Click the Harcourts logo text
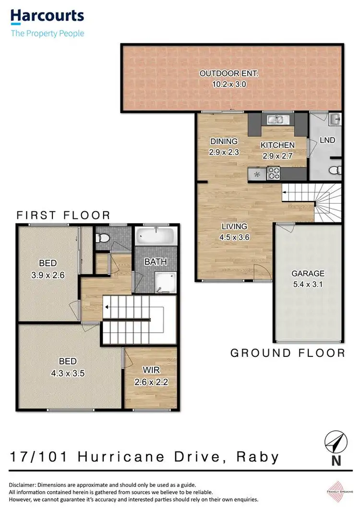point(47,17)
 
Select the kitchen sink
point(277,120)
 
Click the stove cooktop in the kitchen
point(273,173)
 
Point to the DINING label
point(224,141)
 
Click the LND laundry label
point(327,140)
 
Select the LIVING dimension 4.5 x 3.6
point(234,236)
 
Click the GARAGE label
point(308,273)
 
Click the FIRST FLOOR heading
point(63,215)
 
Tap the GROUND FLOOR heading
point(288,353)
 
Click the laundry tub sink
point(335,118)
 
